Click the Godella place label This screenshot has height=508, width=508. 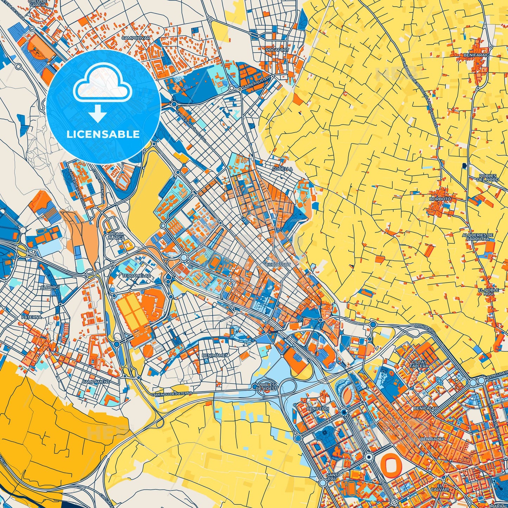point(282,169)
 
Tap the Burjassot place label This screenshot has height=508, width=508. point(278,264)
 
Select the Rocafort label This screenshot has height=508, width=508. point(277,50)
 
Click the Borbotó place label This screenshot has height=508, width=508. point(440,199)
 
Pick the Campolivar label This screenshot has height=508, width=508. point(136,38)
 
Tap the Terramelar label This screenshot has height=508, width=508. point(136,276)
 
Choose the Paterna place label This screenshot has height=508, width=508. point(32,317)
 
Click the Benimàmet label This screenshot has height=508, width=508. point(215,355)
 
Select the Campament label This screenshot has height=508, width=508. point(96,381)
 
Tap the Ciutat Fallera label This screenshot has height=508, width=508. point(419,364)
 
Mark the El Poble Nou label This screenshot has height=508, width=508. point(488,292)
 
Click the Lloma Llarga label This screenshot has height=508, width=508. point(116,236)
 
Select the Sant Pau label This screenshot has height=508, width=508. point(332,477)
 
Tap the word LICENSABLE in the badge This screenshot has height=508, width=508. point(103,134)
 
